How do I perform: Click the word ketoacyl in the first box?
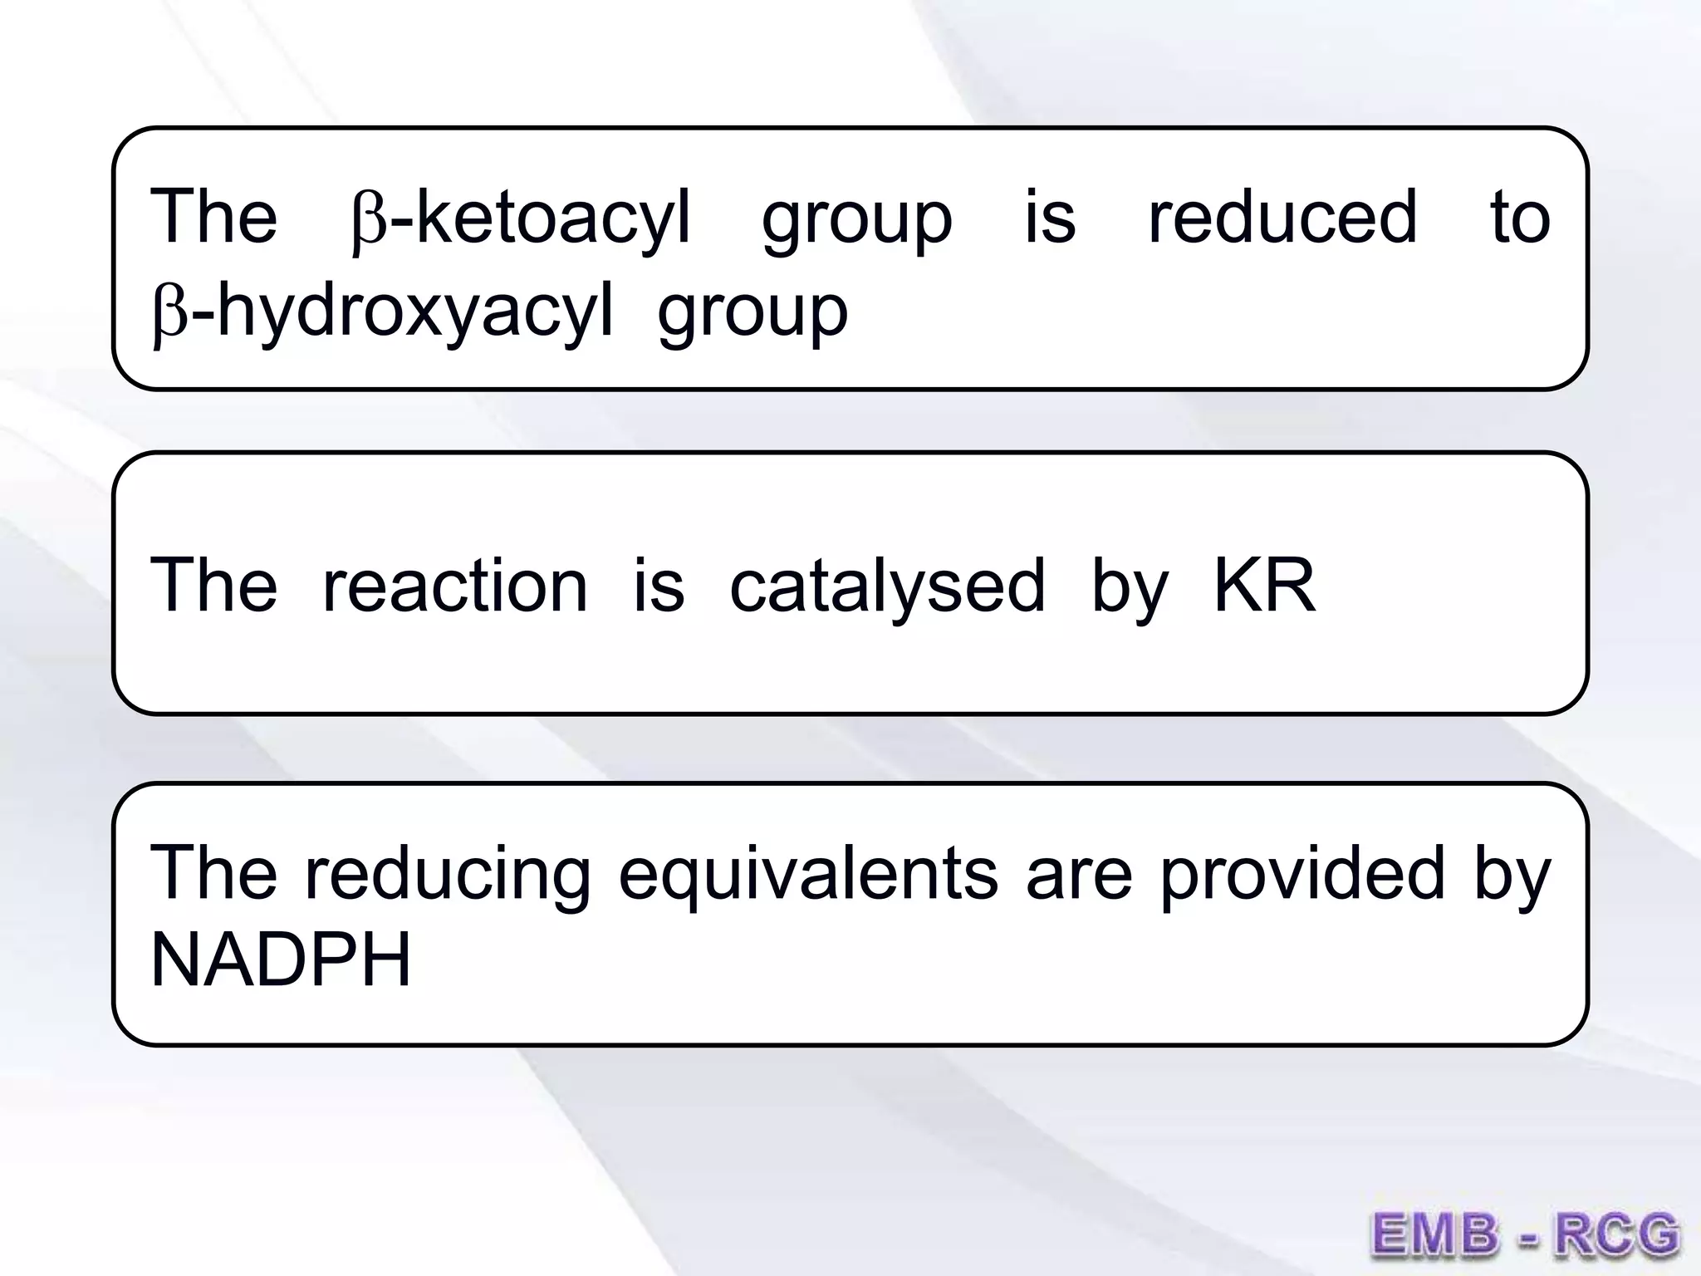(552, 218)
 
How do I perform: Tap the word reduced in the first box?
(1282, 218)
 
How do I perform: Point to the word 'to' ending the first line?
(1520, 218)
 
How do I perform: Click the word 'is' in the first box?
(1050, 218)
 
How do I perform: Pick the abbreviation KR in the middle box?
(1264, 586)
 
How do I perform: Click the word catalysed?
(887, 586)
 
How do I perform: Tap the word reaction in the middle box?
(454, 586)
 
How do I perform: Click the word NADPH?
(281, 960)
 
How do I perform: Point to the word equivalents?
(807, 874)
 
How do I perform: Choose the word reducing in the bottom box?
(449, 874)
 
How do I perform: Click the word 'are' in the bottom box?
(1079, 874)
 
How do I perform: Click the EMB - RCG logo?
(1524, 1234)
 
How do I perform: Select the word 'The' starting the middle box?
(213, 586)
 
